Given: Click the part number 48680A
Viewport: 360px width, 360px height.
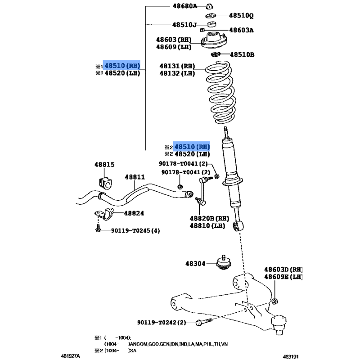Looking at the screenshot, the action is (185, 6).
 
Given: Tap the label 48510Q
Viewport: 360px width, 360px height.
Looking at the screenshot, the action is (241, 15).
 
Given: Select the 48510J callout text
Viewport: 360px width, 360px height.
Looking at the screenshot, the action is (184, 25).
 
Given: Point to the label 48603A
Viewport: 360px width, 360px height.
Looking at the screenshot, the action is (241, 30).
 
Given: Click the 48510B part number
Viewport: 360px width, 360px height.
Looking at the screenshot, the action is (242, 54).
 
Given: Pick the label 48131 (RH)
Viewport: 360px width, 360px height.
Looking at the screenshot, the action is (177, 66).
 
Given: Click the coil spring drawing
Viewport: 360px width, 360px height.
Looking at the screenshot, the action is (221, 92).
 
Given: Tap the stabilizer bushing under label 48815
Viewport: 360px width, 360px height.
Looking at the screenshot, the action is (105, 183).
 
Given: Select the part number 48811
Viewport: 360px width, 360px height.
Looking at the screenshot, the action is (135, 177).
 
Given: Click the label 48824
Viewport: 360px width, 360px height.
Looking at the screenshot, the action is (134, 213).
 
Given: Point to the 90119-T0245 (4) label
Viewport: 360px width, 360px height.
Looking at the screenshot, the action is (135, 230).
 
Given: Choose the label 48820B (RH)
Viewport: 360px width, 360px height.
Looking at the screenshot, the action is (209, 218).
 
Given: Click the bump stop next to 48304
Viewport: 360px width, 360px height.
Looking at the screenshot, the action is (224, 262).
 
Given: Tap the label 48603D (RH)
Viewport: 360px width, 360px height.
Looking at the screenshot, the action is (283, 269).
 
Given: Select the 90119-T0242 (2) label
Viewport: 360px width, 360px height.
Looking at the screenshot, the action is (162, 322).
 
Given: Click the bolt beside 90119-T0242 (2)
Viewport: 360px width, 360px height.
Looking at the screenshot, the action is (204, 321).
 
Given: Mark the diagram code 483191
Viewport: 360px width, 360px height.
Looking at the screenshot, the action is (290, 356).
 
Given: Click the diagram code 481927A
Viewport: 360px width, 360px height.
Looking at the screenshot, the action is (71, 356).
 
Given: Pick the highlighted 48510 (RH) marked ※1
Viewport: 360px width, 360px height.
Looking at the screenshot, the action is (122, 66).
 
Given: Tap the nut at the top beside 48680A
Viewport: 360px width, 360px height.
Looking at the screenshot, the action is (209, 6).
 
